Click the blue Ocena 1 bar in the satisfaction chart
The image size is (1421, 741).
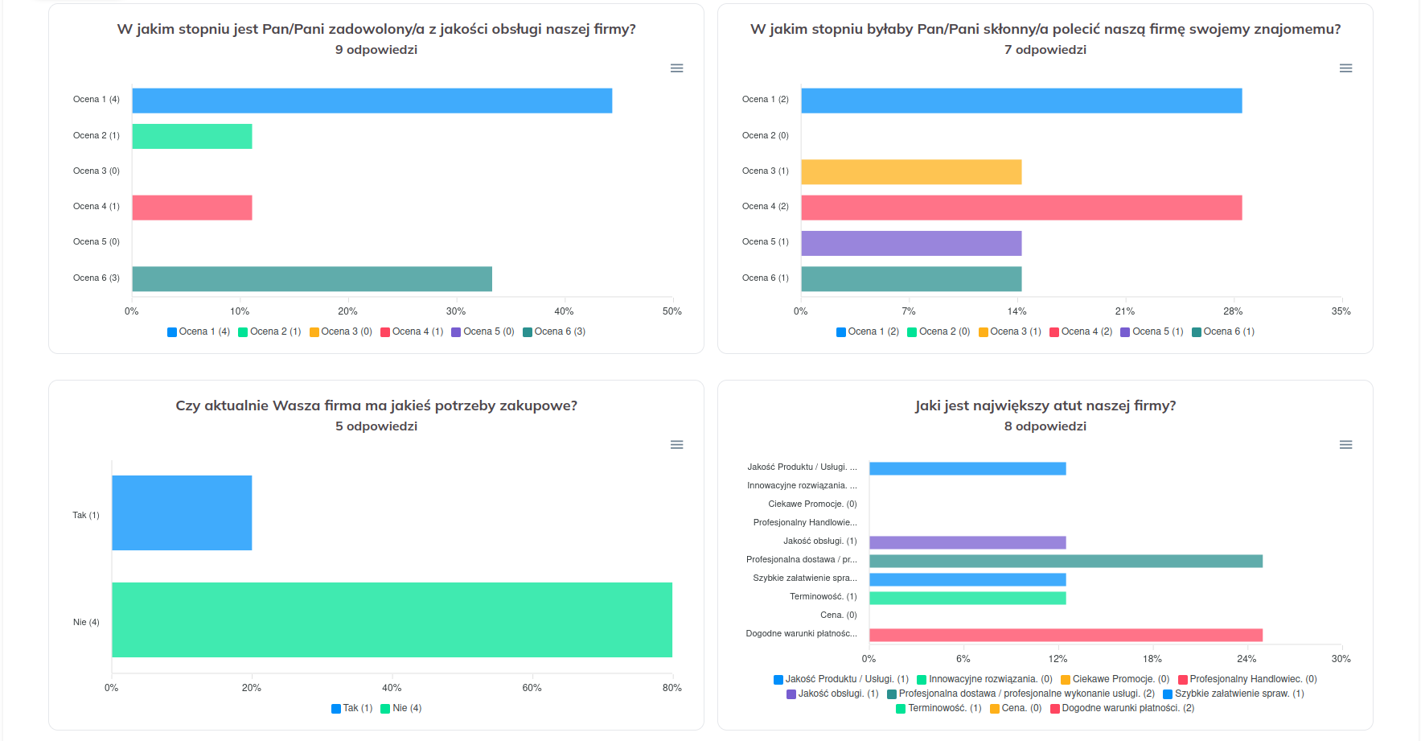click(x=372, y=101)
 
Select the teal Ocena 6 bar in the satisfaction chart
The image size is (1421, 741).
click(x=312, y=279)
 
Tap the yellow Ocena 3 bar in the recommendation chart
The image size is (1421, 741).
click(x=911, y=172)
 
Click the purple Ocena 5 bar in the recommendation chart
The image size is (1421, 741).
click(x=911, y=243)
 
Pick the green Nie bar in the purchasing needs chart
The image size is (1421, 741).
click(x=392, y=620)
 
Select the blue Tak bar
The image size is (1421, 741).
click(x=182, y=513)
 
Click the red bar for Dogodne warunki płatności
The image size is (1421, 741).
click(x=1066, y=635)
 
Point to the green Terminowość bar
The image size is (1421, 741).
click(x=967, y=598)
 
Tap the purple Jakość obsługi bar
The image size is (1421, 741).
click(x=967, y=542)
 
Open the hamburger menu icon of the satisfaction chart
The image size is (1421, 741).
click(x=677, y=68)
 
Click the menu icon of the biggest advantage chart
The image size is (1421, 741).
click(x=1345, y=445)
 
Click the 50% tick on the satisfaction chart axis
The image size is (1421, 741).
click(x=672, y=311)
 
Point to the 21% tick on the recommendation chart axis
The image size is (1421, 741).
click(x=1125, y=311)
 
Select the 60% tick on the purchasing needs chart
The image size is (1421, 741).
click(x=532, y=688)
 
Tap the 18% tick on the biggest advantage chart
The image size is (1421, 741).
click(x=1152, y=659)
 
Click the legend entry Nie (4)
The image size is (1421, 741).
click(x=401, y=708)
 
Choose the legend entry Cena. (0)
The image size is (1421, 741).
click(x=1016, y=708)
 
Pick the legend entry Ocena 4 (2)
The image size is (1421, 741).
click(x=1081, y=331)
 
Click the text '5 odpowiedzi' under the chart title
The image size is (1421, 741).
click(x=376, y=426)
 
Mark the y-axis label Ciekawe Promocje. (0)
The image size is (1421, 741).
click(x=812, y=504)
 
